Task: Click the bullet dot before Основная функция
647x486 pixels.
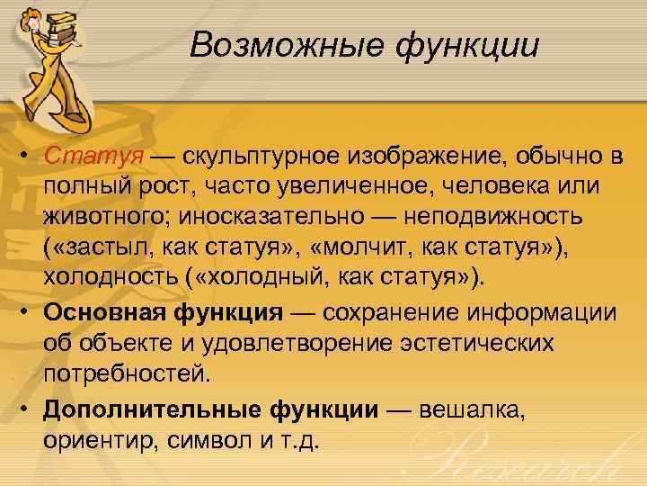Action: point(28,311)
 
